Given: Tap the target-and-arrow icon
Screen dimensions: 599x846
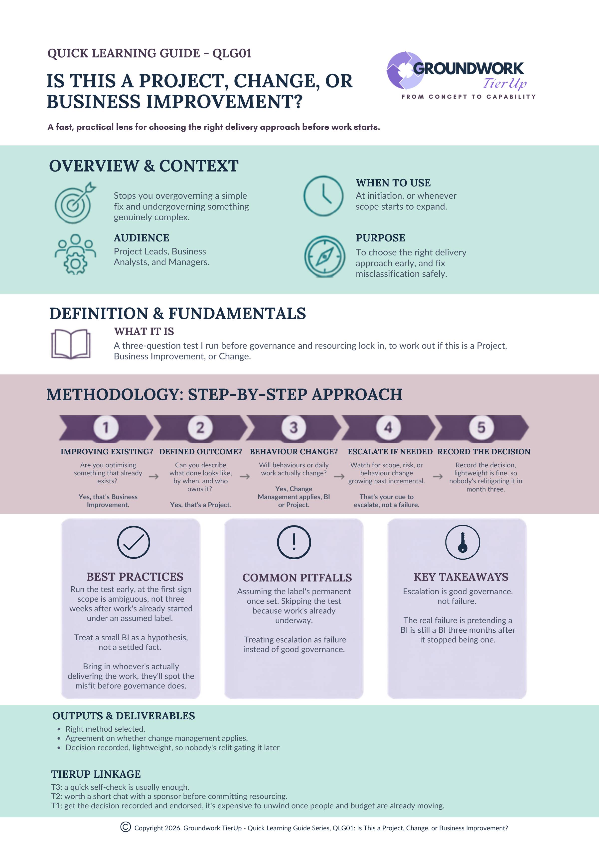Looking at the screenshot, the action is click(x=75, y=202).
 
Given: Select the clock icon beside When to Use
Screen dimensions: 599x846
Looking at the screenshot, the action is click(x=323, y=196).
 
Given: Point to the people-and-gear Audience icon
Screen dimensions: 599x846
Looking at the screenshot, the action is click(x=76, y=254).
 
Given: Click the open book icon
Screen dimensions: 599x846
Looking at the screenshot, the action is click(x=70, y=344).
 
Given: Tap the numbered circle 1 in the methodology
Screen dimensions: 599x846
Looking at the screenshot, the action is click(x=106, y=427).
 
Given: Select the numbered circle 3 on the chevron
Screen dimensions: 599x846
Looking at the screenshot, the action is click(x=294, y=427).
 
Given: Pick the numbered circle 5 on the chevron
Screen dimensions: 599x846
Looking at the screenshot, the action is click(x=481, y=427).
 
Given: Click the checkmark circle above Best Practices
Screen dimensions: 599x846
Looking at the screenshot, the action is click(x=134, y=542).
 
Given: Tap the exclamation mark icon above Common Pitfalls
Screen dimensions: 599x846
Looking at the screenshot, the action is click(x=294, y=542).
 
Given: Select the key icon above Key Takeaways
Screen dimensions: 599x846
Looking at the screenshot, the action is click(x=462, y=542).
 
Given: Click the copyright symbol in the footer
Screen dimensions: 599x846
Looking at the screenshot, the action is click(x=125, y=827).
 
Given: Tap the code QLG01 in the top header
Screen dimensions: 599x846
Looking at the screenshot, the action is click(x=232, y=53).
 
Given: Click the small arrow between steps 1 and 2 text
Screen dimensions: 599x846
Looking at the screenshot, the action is click(x=154, y=476).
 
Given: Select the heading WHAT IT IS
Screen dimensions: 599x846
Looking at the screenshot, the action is click(x=144, y=332).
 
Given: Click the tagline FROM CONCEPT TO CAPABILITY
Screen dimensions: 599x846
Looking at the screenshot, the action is click(x=469, y=96).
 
